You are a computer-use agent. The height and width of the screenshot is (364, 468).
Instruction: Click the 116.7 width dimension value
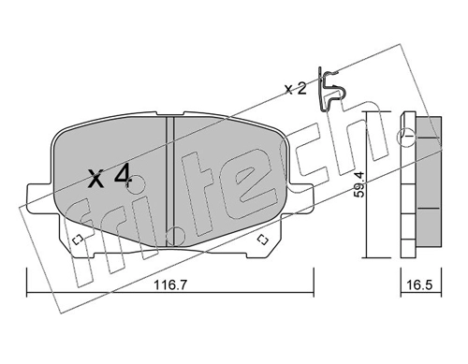point(170,284)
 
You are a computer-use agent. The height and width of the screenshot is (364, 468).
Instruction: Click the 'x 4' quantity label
point(109,177)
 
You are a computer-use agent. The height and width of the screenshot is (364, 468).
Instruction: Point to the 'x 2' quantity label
point(296,89)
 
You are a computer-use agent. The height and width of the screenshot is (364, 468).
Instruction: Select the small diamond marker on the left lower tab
point(77,240)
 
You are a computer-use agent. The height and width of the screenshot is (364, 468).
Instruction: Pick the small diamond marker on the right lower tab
point(263,240)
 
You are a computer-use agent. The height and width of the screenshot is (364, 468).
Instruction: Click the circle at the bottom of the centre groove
point(175,236)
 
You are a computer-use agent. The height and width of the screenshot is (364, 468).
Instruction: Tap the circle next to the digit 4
point(136,184)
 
